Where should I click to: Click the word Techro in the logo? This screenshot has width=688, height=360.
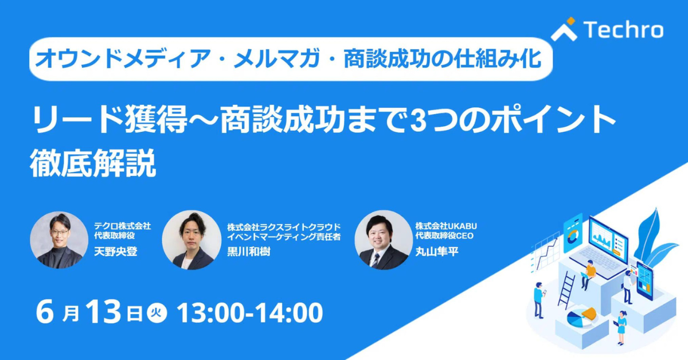(624, 30)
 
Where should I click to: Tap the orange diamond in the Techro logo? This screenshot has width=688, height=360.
(570, 21)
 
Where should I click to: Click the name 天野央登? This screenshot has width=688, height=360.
(115, 252)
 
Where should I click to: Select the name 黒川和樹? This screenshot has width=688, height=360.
(248, 252)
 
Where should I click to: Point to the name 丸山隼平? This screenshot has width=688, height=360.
(437, 252)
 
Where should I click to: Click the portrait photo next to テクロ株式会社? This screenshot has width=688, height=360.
(59, 240)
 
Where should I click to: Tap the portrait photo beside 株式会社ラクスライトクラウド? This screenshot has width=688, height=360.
(191, 240)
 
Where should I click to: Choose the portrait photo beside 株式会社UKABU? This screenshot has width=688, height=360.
(384, 240)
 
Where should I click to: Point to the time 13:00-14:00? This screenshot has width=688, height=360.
(250, 312)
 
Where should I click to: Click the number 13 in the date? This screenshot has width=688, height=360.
(103, 312)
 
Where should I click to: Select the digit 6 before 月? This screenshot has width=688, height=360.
(45, 312)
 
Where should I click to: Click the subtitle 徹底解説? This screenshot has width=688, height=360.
(93, 163)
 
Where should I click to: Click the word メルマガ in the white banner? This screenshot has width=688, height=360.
(277, 58)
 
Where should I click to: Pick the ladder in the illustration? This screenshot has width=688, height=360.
(566, 290)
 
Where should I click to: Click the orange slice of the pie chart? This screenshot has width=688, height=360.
(589, 314)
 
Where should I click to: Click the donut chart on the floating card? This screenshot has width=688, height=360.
(572, 237)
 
